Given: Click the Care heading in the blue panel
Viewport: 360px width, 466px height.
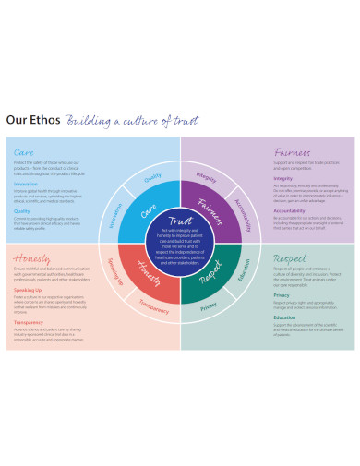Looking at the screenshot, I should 25,151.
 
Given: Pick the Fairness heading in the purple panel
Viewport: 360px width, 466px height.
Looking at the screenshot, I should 291,151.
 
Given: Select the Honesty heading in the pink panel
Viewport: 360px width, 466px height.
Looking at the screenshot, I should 31,258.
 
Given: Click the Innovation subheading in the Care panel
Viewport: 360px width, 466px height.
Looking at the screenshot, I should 26,183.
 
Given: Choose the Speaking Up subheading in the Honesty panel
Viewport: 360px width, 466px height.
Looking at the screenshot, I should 27,289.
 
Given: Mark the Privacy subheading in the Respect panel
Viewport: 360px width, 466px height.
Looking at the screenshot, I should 282,294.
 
